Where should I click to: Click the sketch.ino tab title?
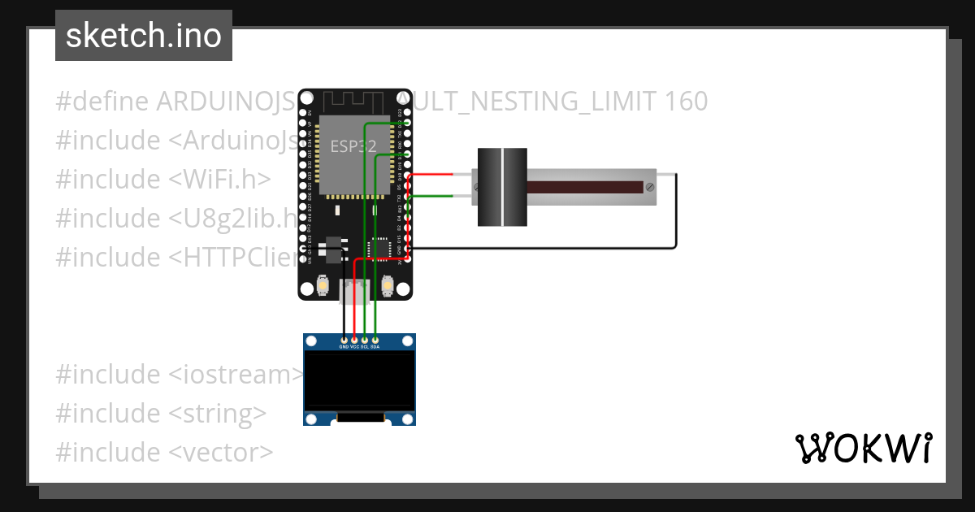click(143, 36)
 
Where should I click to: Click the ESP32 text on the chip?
click(353, 147)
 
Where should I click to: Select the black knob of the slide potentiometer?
click(502, 187)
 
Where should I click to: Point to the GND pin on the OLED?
click(344, 339)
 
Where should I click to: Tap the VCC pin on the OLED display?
click(354, 339)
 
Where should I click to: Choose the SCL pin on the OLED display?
click(365, 339)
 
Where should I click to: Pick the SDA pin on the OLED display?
click(375, 339)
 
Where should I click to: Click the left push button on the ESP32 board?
click(323, 286)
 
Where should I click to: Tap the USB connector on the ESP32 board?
click(355, 291)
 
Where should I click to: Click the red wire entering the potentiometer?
click(439, 175)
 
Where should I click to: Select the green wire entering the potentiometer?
click(439, 196)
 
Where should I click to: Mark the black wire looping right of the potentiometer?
click(676, 211)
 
